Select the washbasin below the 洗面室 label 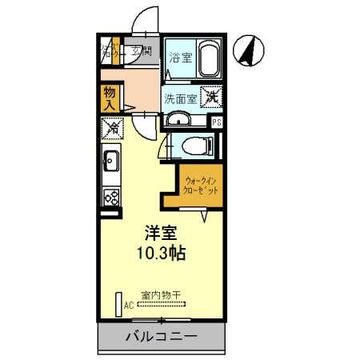pyautogui.click(x=180, y=120)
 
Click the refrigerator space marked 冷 pyautogui.click(x=112, y=126)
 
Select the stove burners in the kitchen pyautogui.click(x=110, y=195)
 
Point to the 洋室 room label pyautogui.click(x=160, y=234)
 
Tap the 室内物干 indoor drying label pyautogui.click(x=161, y=294)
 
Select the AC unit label pyautogui.click(x=128, y=305)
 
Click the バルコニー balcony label pyautogui.click(x=160, y=336)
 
